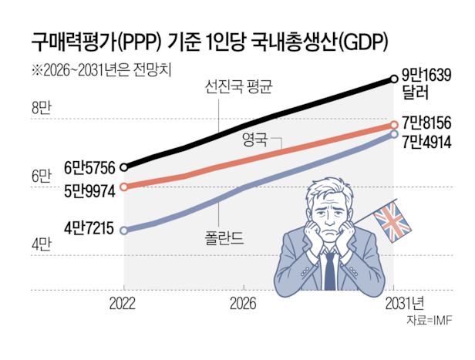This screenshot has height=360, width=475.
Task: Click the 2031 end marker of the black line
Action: (394, 79)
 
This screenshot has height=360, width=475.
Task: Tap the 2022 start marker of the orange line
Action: (124, 187)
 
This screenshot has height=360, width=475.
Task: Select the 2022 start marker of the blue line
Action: (124, 230)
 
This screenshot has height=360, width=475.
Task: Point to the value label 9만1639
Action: (426, 75)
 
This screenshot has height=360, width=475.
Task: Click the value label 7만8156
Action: (426, 123)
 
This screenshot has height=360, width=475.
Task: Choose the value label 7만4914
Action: (426, 142)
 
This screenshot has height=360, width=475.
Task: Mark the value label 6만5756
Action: (89, 168)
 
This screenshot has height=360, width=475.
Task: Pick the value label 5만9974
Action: (89, 191)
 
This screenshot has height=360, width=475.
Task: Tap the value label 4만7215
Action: (89, 228)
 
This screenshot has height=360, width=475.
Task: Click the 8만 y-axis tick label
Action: (42, 108)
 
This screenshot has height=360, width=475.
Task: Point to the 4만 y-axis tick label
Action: (42, 244)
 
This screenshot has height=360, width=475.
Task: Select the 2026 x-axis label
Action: (243, 304)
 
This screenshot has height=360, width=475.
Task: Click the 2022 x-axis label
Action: (123, 304)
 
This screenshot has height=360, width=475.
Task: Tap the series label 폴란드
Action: (224, 238)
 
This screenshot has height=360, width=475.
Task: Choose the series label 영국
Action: (254, 140)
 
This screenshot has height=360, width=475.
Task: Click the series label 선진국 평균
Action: (239, 87)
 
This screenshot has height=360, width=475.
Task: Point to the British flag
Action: (392, 222)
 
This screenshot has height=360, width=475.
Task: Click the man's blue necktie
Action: (329, 271)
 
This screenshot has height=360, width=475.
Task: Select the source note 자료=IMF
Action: (430, 321)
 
